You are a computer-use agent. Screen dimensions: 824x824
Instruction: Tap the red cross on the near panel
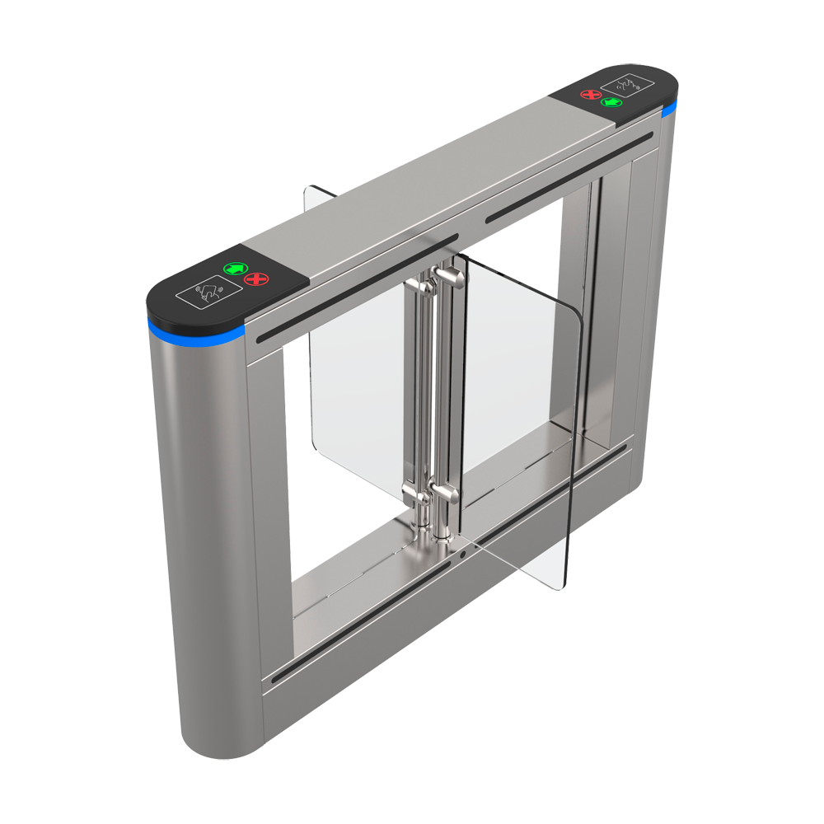256,281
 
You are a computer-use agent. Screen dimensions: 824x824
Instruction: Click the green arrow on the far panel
611,102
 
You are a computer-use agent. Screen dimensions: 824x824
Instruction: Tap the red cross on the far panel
590,94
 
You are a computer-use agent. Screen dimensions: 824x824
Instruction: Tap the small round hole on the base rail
463,554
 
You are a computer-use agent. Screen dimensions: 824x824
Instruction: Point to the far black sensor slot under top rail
569,175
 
